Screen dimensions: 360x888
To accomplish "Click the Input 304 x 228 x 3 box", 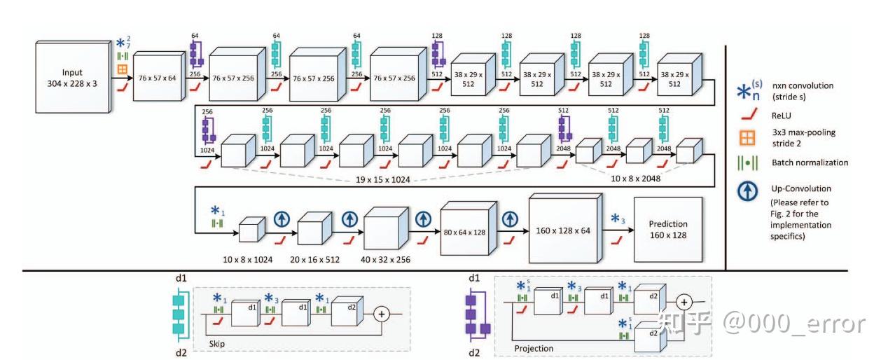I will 71,77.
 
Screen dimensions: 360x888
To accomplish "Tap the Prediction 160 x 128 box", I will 667,230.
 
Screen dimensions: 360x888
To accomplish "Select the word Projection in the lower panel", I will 534,348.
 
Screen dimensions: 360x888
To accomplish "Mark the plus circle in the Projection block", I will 684,301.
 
